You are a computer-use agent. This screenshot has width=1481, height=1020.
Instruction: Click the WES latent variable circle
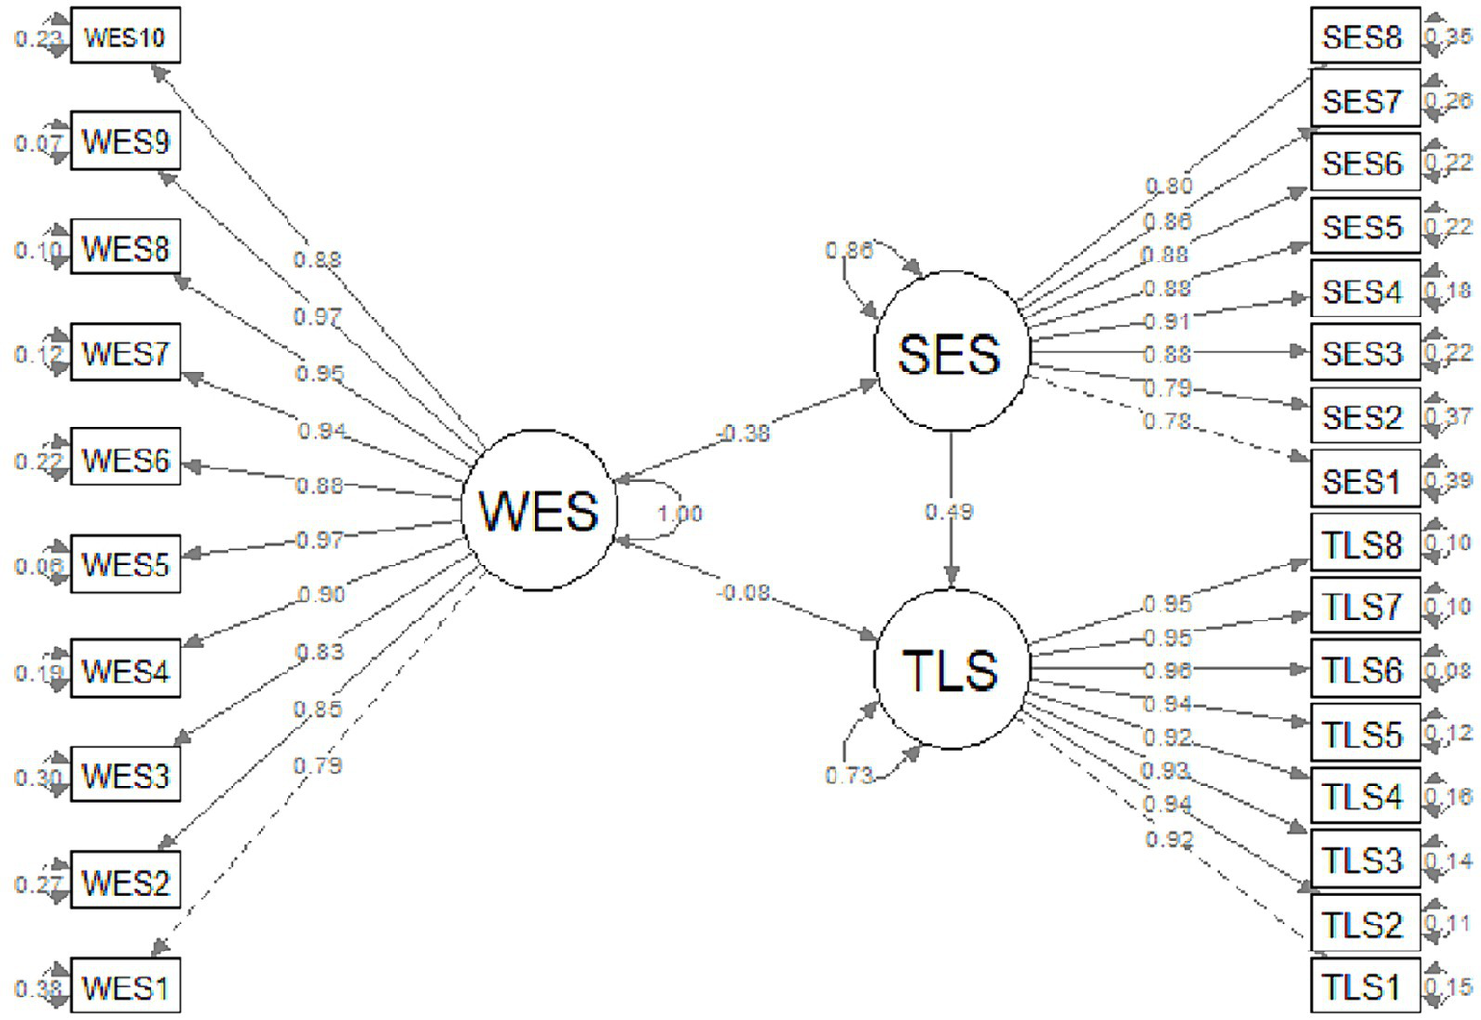coord(538,510)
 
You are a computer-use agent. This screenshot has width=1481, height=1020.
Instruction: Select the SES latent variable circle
coord(950,352)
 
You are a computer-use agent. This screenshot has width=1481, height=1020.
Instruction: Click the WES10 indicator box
coord(125,38)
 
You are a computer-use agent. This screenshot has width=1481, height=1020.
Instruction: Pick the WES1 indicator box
coord(125,987)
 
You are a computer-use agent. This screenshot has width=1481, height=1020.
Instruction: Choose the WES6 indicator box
coord(125,459)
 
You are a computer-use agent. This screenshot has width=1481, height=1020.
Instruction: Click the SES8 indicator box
coord(1364,38)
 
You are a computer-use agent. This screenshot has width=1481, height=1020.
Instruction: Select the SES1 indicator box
coord(1364,480)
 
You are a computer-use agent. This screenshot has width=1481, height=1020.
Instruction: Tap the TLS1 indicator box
coord(1364,986)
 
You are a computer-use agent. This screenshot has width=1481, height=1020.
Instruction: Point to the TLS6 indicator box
coord(1364,670)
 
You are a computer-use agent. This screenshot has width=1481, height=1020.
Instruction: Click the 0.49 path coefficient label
coord(949,510)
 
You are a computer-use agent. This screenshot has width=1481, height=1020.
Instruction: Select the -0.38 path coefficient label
coord(744,433)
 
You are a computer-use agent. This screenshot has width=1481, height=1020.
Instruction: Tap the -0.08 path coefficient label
coord(744,592)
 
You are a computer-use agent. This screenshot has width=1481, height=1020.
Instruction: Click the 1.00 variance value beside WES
coord(680,513)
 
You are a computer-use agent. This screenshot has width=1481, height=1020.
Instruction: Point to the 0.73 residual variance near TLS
coord(849,775)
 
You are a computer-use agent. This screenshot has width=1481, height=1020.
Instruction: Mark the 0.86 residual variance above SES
coord(849,251)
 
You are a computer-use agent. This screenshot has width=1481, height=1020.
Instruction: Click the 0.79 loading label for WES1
coord(318,765)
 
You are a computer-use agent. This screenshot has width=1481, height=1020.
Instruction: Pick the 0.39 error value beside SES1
coord(1451,481)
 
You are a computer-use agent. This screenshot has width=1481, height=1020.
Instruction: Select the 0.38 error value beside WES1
coord(38,988)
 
